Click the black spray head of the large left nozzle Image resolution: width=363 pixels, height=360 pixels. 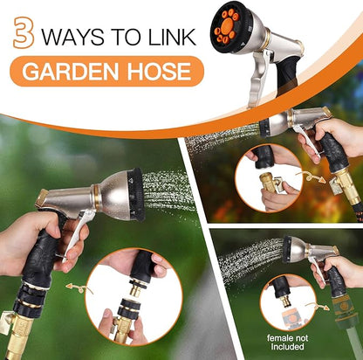[x=136, y=194]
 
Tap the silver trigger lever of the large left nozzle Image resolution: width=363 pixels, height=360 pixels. [x=79, y=237]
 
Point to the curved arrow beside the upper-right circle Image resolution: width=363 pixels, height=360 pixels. [x=311, y=177]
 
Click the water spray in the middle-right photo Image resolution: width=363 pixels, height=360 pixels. [x=218, y=135]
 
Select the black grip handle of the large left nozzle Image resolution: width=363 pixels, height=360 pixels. [x=39, y=262]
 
